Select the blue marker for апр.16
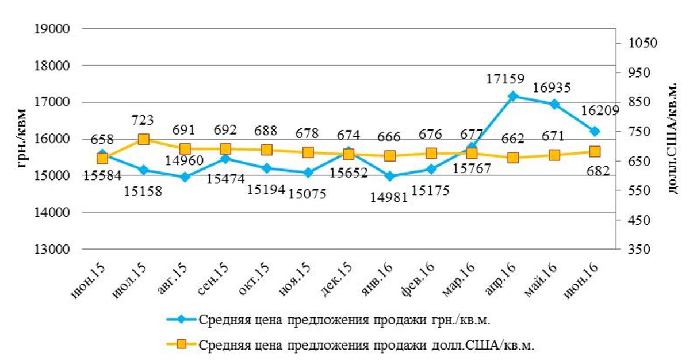(513, 96)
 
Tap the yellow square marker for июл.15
(144, 139)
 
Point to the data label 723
(143, 120)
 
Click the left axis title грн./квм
(22, 138)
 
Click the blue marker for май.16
(554, 104)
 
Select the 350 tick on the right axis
(639, 250)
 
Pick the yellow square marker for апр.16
(513, 158)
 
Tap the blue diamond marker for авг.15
(185, 177)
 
